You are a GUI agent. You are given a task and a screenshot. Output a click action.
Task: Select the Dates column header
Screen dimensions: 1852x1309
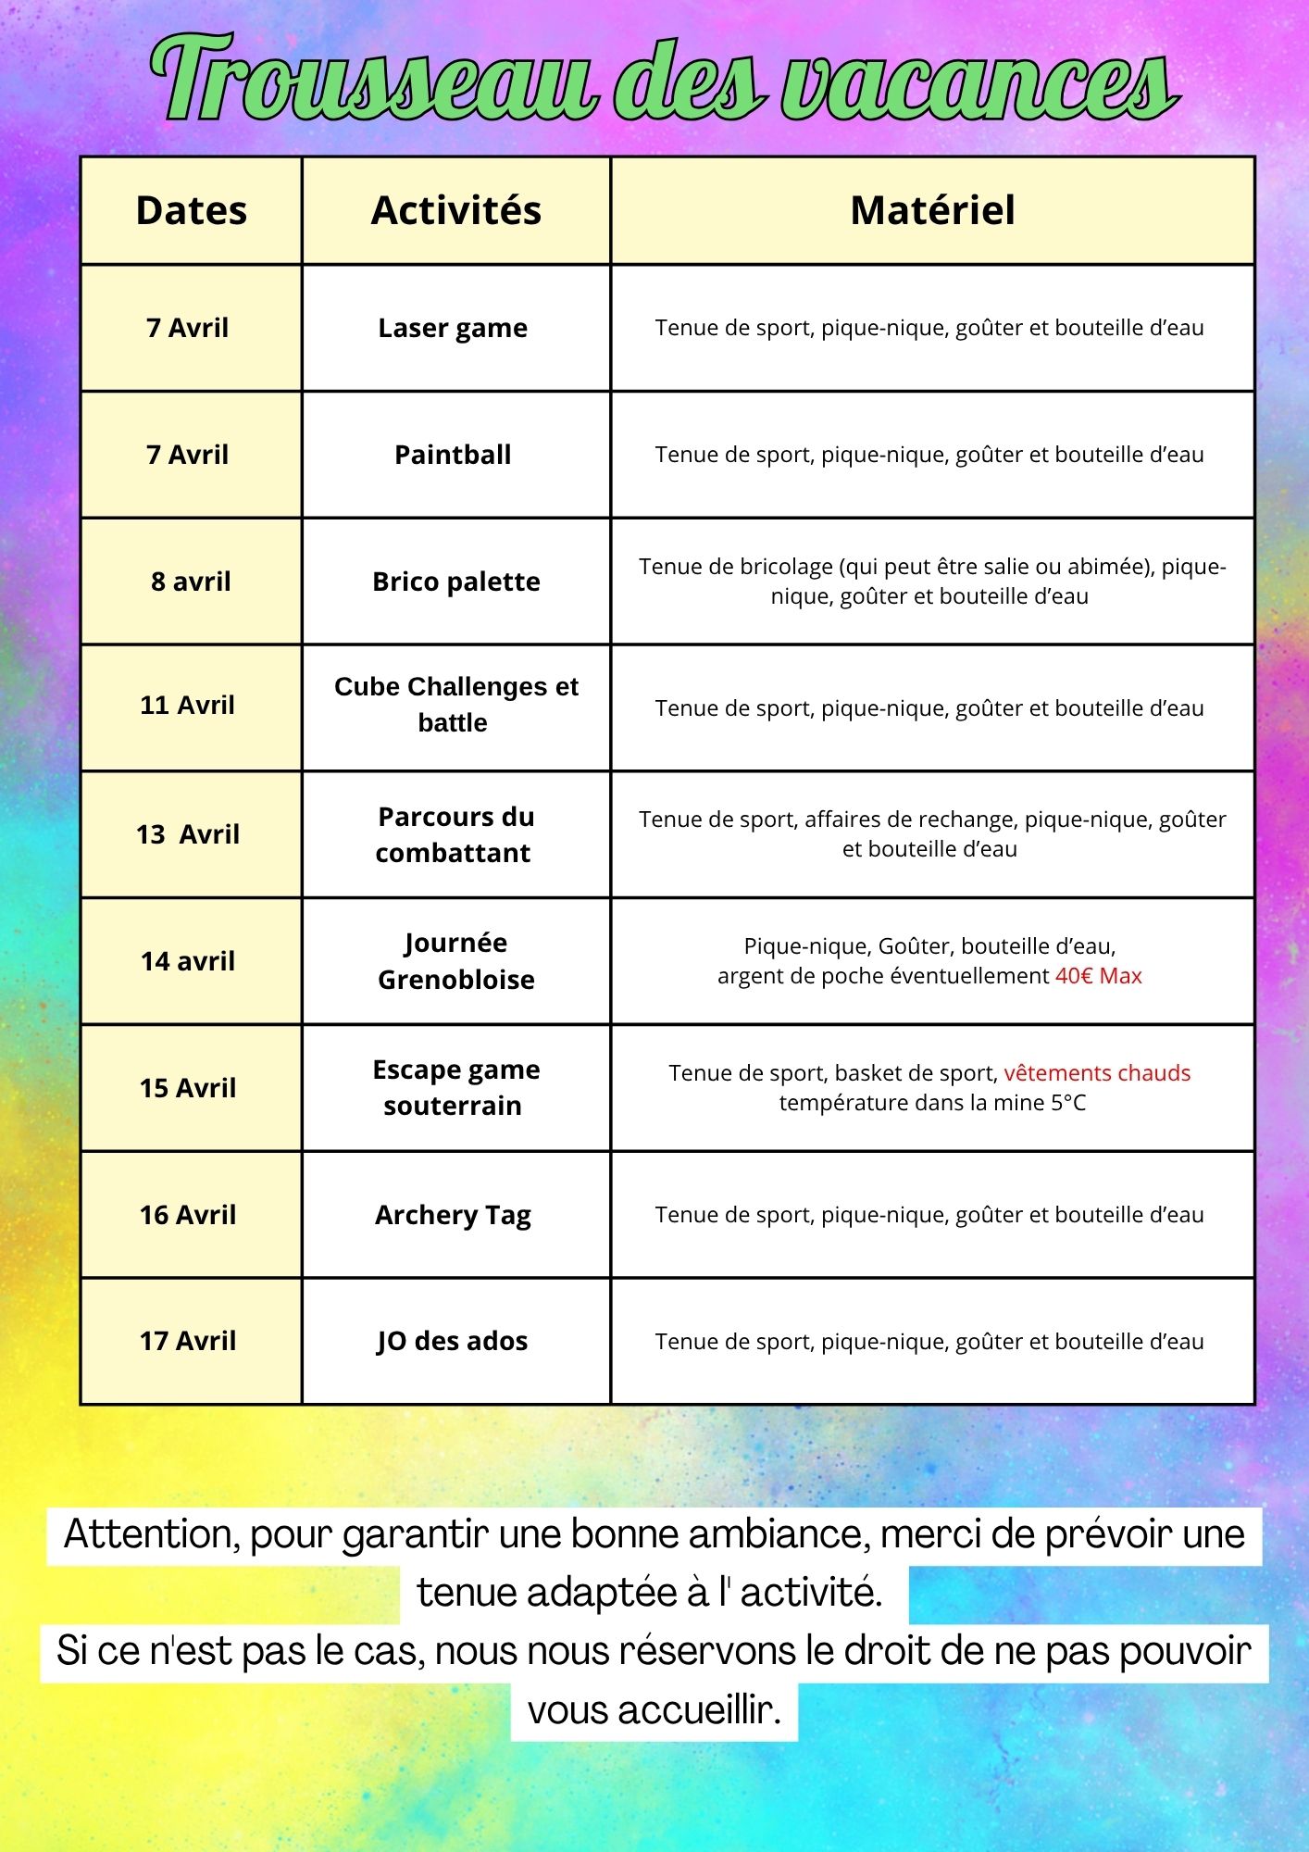pyautogui.click(x=192, y=211)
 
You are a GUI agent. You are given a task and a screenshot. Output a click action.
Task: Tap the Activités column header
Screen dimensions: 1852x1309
pyautogui.click(x=456, y=211)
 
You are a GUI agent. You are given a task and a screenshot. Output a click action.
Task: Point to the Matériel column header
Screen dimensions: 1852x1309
pyautogui.click(x=932, y=211)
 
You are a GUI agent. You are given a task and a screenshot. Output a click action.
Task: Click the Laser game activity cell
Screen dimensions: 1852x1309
pyautogui.click(x=453, y=328)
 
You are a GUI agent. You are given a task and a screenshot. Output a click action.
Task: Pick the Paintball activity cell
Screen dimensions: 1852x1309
pyautogui.click(x=453, y=455)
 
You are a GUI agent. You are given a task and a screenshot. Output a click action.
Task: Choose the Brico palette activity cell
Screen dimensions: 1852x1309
pyautogui.click(x=456, y=582)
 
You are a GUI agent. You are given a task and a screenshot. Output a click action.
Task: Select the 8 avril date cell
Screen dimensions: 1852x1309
pyautogui.click(x=191, y=582)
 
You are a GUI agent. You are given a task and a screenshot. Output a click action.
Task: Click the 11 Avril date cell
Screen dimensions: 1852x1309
pyautogui.click(x=188, y=706)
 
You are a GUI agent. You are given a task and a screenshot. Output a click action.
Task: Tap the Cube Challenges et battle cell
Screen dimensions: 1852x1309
pyautogui.click(x=455, y=705)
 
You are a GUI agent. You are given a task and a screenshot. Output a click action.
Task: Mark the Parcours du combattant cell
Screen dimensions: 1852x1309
pyautogui.click(x=455, y=834)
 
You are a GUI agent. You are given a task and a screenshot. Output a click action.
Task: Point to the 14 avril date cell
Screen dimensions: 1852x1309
pyautogui.click(x=188, y=961)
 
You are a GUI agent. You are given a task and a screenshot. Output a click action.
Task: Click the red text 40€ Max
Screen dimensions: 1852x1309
pyautogui.click(x=1099, y=976)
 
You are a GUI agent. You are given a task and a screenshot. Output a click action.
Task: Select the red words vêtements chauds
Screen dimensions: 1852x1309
pyautogui.click(x=1097, y=1073)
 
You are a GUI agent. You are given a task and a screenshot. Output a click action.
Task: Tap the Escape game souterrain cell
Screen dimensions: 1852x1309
pyautogui.click(x=455, y=1087)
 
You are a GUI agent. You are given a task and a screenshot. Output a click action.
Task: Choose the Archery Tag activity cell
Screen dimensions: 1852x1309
pyautogui.click(x=453, y=1215)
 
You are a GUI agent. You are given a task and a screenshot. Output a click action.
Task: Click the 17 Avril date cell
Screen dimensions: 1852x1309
pyautogui.click(x=188, y=1341)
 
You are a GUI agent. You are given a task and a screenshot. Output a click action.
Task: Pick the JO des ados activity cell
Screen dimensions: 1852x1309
pyautogui.click(x=453, y=1341)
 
